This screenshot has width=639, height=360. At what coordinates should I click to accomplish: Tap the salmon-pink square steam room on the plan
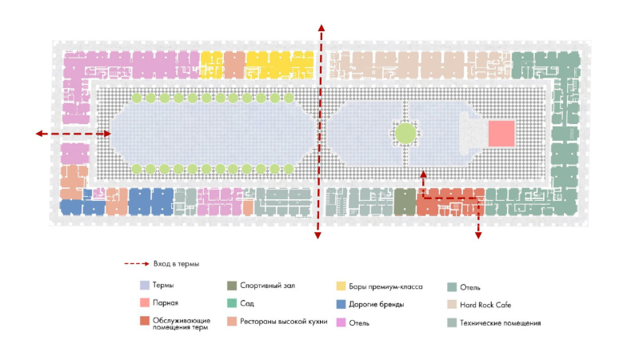click(x=501, y=133)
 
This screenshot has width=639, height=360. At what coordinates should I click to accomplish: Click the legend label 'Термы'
click(x=163, y=286)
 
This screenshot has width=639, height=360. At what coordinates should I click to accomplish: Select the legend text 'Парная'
click(x=166, y=304)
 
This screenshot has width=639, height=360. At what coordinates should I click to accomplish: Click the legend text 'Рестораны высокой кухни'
click(x=284, y=322)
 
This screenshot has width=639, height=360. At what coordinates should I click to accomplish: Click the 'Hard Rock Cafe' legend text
click(x=485, y=304)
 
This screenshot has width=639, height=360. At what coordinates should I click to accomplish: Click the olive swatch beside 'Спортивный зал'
click(x=232, y=286)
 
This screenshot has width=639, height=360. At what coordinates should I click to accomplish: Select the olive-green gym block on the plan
click(x=405, y=202)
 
